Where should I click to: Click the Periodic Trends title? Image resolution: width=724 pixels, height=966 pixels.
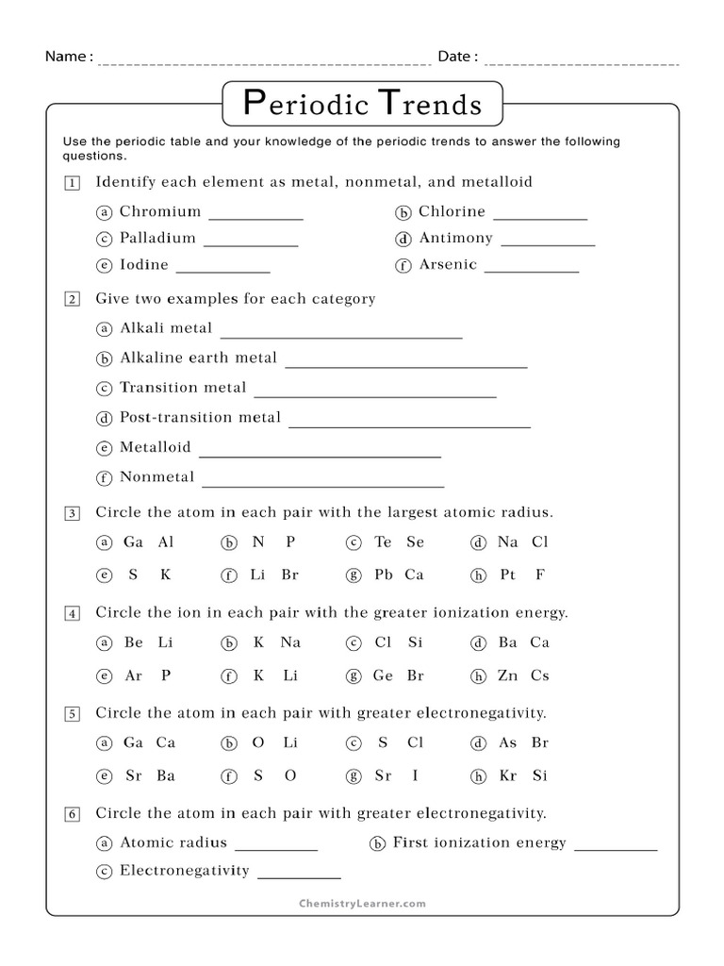click(x=362, y=103)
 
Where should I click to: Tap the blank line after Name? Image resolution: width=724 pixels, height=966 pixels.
click(x=265, y=62)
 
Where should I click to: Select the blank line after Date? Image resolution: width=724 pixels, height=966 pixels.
click(x=582, y=62)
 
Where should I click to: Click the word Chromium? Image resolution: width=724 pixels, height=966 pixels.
click(x=160, y=211)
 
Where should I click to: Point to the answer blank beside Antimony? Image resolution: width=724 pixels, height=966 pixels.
click(x=548, y=243)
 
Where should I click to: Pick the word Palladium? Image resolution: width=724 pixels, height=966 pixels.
click(x=157, y=238)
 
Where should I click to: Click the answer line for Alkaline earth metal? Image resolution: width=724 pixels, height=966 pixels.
click(x=405, y=365)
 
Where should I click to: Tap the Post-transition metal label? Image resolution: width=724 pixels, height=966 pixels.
click(x=200, y=417)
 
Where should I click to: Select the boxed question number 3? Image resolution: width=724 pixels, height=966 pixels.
click(x=72, y=513)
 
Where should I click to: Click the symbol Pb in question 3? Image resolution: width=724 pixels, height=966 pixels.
click(x=383, y=574)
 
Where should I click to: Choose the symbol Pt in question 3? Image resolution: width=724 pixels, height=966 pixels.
click(x=507, y=574)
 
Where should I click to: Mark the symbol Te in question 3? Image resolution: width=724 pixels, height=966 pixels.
click(x=383, y=541)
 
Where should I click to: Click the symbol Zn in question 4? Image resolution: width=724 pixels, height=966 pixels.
click(x=508, y=675)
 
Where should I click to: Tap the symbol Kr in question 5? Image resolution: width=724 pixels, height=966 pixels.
click(x=508, y=775)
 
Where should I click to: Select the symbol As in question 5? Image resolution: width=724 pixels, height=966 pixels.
click(x=508, y=742)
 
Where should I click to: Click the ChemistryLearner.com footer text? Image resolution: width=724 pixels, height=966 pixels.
click(x=362, y=903)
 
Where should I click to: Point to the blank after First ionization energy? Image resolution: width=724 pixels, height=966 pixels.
click(x=616, y=848)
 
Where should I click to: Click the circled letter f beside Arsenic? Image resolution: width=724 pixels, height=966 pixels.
click(x=403, y=265)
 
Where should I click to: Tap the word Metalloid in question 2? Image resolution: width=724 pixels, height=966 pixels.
click(x=155, y=447)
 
